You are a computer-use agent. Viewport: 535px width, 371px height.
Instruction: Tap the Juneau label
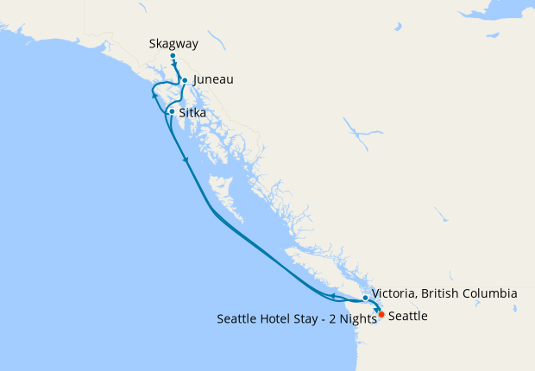[213, 79]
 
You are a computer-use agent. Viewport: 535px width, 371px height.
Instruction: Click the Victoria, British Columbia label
[444, 293]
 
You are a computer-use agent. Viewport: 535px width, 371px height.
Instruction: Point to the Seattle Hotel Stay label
[296, 318]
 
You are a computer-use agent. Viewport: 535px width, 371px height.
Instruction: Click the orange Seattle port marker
[381, 315]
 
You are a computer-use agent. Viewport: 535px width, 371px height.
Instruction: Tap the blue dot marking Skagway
[173, 56]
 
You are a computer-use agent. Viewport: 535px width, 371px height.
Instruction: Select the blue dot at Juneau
[185, 80]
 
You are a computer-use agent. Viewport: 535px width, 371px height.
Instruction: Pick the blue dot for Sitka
[173, 112]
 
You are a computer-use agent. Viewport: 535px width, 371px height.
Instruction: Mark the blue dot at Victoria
[366, 298]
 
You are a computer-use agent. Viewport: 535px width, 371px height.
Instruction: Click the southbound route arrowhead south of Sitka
[186, 160]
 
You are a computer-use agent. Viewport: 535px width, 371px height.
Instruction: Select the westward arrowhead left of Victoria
[331, 297]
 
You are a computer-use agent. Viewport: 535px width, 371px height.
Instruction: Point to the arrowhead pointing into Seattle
[377, 310]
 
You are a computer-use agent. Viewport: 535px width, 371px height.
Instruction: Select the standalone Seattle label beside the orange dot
[408, 317]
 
